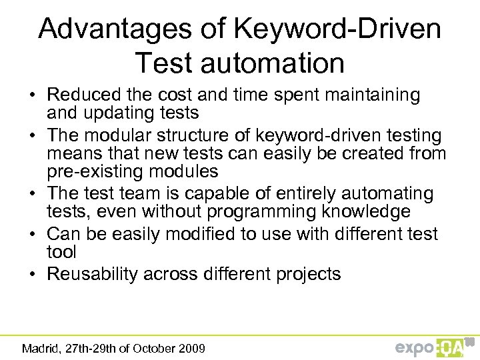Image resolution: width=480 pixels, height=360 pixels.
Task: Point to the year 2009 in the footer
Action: coord(192,348)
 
